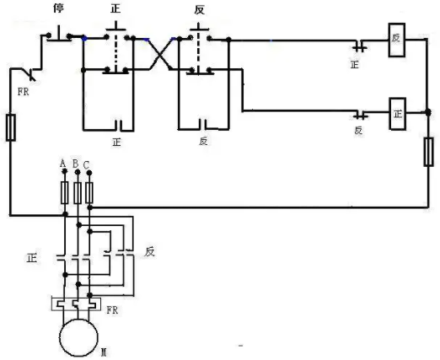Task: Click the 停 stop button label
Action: (x=59, y=8)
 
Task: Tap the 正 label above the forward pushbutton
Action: (x=115, y=8)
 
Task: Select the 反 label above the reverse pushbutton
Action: (x=199, y=10)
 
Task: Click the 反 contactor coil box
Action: (x=397, y=40)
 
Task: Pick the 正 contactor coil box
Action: (x=397, y=114)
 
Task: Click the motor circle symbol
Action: (x=78, y=337)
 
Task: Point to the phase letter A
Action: (x=63, y=164)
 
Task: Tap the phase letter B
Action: (x=75, y=164)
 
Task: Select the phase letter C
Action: (x=86, y=165)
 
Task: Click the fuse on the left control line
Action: (x=11, y=127)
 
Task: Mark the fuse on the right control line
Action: (x=428, y=152)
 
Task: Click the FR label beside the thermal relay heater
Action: (x=112, y=310)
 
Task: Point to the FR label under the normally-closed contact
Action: (x=23, y=92)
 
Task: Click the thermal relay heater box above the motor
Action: (x=76, y=303)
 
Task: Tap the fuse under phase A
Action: (x=65, y=192)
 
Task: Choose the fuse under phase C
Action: (x=89, y=192)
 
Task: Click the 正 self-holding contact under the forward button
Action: (x=119, y=126)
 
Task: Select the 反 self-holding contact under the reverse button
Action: (x=203, y=125)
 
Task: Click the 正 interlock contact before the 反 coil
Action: (x=360, y=46)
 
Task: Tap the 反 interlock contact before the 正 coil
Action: (x=361, y=115)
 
